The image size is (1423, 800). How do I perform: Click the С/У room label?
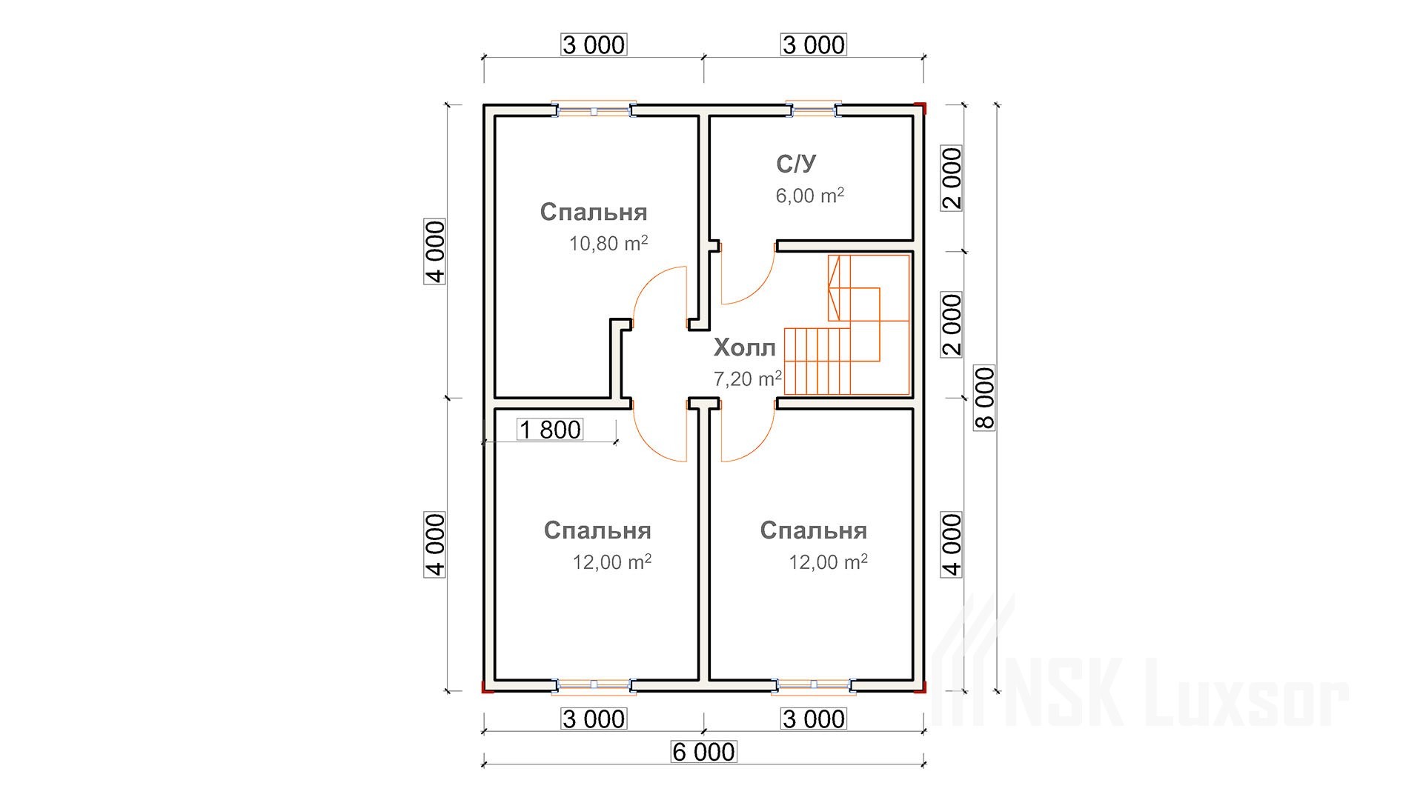tap(797, 164)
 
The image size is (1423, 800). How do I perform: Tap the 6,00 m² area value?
tap(810, 196)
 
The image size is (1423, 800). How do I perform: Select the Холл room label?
tap(744, 347)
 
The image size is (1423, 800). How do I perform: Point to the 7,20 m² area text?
tap(748, 379)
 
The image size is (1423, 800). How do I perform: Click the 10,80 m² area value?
tap(608, 244)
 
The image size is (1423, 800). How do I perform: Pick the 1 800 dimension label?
tap(551, 430)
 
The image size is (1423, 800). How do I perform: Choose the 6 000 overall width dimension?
tap(704, 752)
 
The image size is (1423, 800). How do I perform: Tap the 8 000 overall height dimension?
tap(986, 398)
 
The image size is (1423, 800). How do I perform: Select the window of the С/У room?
tap(813, 110)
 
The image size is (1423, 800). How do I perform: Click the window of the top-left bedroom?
tap(594, 110)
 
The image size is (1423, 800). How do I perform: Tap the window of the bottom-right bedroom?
tap(813, 687)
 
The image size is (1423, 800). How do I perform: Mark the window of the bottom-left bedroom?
tap(594, 687)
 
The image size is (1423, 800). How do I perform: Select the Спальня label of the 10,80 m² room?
tap(594, 212)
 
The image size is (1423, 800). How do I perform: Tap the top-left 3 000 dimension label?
tap(594, 45)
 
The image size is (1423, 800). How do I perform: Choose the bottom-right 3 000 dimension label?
tap(813, 719)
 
